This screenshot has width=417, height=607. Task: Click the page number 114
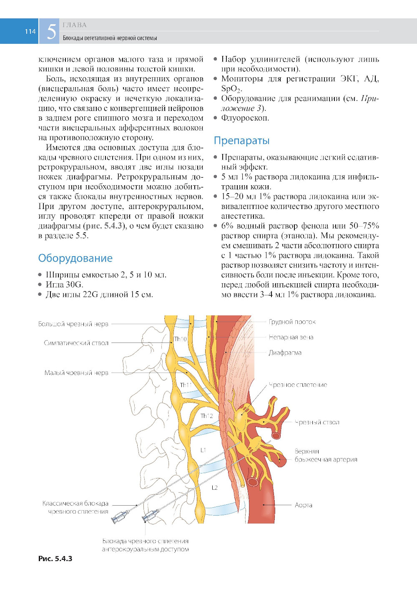30,31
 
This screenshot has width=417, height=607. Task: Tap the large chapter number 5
51,32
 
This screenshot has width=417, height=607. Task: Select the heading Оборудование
75,258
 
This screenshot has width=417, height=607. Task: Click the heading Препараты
241,141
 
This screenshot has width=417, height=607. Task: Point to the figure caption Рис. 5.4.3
55,559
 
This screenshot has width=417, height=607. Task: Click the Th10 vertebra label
180,339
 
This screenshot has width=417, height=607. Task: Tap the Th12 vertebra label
206,416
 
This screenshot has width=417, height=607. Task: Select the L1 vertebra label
203,450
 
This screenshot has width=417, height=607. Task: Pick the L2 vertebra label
214,487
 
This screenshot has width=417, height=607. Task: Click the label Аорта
303,505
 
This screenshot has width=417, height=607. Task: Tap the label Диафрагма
285,353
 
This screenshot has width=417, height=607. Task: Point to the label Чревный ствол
317,422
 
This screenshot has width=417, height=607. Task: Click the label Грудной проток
292,322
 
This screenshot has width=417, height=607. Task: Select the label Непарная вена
291,337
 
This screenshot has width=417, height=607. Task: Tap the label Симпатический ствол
76,343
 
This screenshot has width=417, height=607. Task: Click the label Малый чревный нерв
76,373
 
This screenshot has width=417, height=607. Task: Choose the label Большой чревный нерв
73,324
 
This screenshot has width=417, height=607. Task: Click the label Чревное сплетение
298,385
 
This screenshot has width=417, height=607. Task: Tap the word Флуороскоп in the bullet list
245,118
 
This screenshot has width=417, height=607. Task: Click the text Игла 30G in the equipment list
64,285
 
